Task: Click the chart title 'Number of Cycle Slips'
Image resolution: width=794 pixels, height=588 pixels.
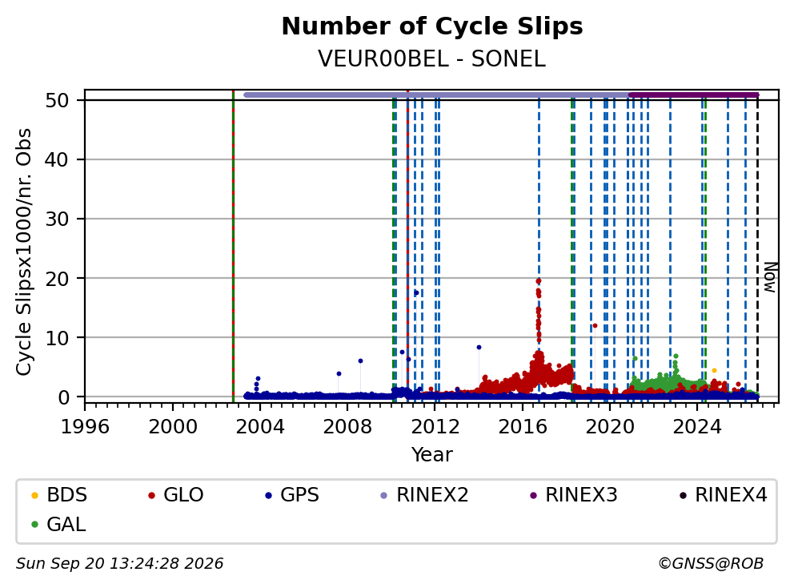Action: (432, 26)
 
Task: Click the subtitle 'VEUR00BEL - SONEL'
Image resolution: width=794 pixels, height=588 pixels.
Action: (432, 58)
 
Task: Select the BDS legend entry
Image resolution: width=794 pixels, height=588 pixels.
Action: (59, 495)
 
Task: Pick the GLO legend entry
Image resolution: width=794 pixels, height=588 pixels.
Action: (176, 495)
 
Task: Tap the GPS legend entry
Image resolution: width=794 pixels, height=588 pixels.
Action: (292, 495)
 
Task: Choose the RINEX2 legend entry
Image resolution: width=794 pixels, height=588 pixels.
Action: (424, 495)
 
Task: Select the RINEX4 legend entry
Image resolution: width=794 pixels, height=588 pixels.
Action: (723, 495)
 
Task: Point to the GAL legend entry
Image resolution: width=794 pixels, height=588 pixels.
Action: (58, 524)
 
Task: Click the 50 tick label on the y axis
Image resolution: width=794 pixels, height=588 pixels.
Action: (57, 100)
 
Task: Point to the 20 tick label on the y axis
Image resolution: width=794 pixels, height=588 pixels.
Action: (57, 278)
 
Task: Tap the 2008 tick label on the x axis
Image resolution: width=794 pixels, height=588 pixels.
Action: (347, 427)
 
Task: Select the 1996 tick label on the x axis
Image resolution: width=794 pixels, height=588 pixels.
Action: (85, 427)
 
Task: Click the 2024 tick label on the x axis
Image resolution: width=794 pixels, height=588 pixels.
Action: (697, 427)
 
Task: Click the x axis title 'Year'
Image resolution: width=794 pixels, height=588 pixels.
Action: (432, 455)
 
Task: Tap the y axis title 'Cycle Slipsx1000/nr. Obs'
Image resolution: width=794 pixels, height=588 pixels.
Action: (24, 252)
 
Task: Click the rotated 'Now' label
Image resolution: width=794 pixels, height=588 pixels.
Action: (770, 277)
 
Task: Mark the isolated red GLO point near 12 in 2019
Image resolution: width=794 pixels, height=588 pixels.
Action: (595, 326)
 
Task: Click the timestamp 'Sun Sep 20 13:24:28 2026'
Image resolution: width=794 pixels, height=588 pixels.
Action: (119, 564)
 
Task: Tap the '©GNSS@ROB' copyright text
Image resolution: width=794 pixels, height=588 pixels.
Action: (711, 564)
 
